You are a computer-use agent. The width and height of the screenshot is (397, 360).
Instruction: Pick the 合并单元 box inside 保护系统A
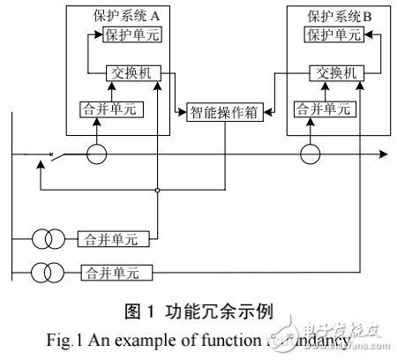(102, 110)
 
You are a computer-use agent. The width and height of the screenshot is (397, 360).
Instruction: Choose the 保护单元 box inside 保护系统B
(333, 35)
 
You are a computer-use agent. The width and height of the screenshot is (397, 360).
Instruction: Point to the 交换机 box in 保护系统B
(333, 72)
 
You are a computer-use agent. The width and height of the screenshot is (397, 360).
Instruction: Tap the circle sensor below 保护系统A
(96, 154)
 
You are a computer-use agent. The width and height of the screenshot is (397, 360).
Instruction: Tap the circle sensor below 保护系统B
(311, 154)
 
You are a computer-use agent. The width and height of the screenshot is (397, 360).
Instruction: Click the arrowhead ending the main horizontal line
(383, 154)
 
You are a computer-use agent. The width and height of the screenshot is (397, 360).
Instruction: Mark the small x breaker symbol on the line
(52, 156)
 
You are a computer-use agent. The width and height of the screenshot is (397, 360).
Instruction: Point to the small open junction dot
(157, 190)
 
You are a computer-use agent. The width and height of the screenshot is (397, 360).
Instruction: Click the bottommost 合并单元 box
(116, 271)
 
